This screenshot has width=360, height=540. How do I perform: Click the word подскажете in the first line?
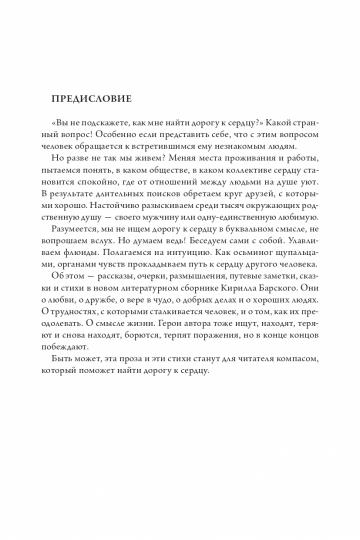point(112,122)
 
